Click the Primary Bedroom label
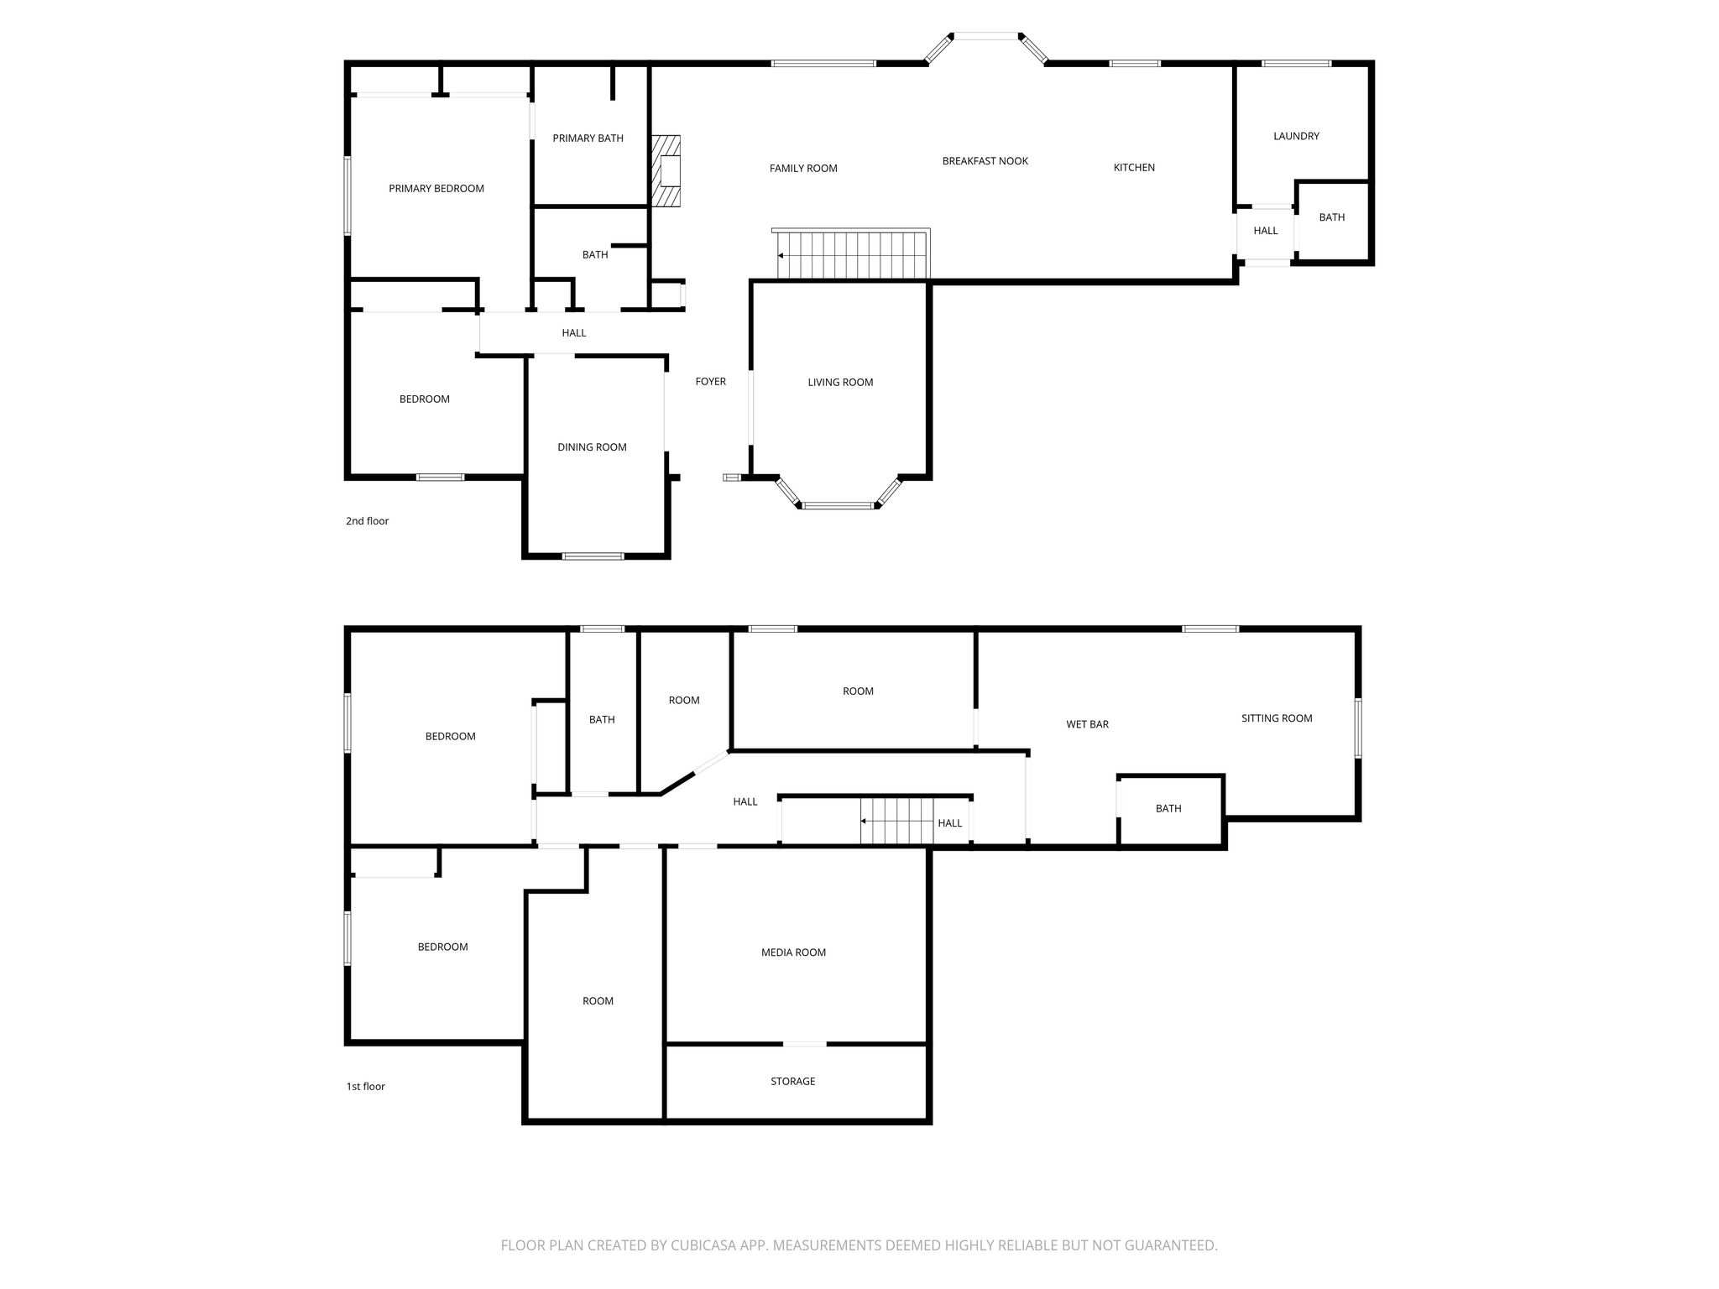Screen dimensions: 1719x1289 pyautogui.click(x=436, y=189)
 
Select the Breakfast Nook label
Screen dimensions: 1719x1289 pyautogui.click(x=985, y=161)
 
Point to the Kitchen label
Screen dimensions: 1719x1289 pyautogui.click(x=1134, y=168)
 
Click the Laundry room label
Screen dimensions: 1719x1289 pyautogui.click(x=1296, y=136)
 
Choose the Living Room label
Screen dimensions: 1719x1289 pyautogui.click(x=840, y=383)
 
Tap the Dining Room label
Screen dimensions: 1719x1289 pyautogui.click(x=592, y=447)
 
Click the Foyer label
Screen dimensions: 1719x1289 pyautogui.click(x=710, y=382)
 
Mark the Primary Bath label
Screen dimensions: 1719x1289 pyautogui.click(x=588, y=138)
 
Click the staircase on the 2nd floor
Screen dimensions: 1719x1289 pyautogui.click(x=852, y=253)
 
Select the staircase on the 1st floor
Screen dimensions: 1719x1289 pyautogui.click(x=896, y=821)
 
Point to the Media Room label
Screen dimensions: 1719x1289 pyautogui.click(x=793, y=952)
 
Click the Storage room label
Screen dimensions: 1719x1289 pyautogui.click(x=792, y=1082)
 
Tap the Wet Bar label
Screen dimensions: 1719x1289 pyautogui.click(x=1087, y=724)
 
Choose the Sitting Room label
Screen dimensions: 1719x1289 pyautogui.click(x=1277, y=718)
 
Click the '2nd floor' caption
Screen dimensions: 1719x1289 pyautogui.click(x=367, y=521)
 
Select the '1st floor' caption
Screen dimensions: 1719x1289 pyautogui.click(x=365, y=1087)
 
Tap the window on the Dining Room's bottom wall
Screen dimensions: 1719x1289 pyautogui.click(x=593, y=556)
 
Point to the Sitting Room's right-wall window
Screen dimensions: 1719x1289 pyautogui.click(x=1358, y=728)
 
